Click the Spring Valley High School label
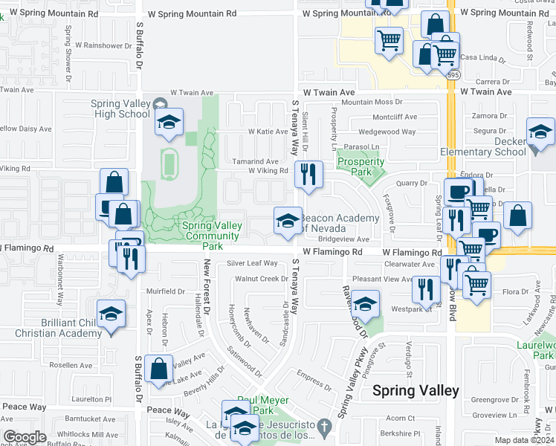[120, 109]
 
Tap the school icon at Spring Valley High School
[169, 122]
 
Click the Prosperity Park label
[361, 167]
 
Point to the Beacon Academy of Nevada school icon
[288, 220]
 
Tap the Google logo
[24, 437]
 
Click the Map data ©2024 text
[525, 440]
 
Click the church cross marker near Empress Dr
[323, 427]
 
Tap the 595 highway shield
[453, 74]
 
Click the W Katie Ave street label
[267, 132]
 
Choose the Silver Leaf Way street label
[252, 263]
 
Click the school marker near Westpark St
[365, 304]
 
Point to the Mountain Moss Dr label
[372, 103]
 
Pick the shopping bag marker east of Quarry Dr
[517, 216]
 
